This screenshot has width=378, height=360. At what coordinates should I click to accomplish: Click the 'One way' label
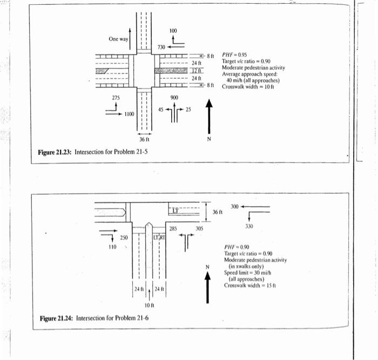pyautogui.click(x=118, y=39)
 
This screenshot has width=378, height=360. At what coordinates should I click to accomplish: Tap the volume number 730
pyautogui.click(x=161, y=48)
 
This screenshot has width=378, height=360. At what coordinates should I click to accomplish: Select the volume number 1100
pyautogui.click(x=129, y=114)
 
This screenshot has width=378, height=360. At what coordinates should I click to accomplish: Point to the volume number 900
pyautogui.click(x=174, y=98)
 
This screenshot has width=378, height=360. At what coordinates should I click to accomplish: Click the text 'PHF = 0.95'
pyautogui.click(x=234, y=55)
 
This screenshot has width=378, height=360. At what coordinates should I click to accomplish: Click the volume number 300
pyautogui.click(x=234, y=207)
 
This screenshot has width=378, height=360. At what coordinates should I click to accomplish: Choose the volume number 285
pyautogui.click(x=173, y=229)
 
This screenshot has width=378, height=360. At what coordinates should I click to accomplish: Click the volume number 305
pyautogui.click(x=199, y=229)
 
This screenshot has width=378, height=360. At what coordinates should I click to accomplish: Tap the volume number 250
pyautogui.click(x=124, y=237)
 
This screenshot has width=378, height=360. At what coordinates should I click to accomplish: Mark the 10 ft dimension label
pyautogui.click(x=150, y=307)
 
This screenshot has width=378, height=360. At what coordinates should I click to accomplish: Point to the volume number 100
pyautogui.click(x=172, y=30)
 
